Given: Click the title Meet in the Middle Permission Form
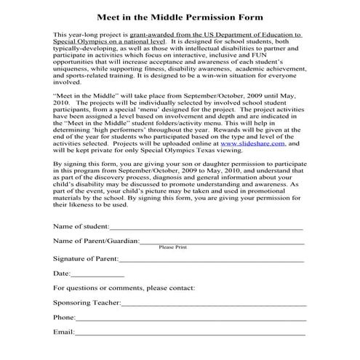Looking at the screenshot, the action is (180, 16).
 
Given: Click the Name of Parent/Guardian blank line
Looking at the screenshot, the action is (221, 242).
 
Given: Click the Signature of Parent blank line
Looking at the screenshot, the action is (211, 258).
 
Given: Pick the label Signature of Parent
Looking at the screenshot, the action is (85, 257).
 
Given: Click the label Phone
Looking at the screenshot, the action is (64, 317).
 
